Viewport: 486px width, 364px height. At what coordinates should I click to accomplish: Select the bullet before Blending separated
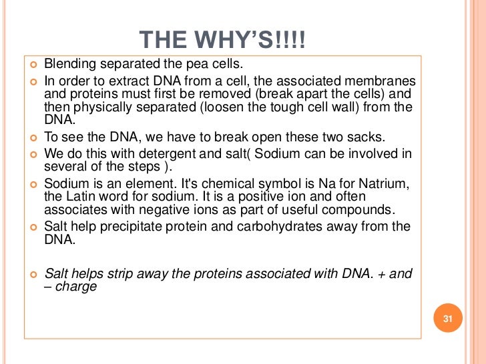coord(33,65)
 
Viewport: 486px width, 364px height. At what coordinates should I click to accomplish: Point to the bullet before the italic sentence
coord(33,273)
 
